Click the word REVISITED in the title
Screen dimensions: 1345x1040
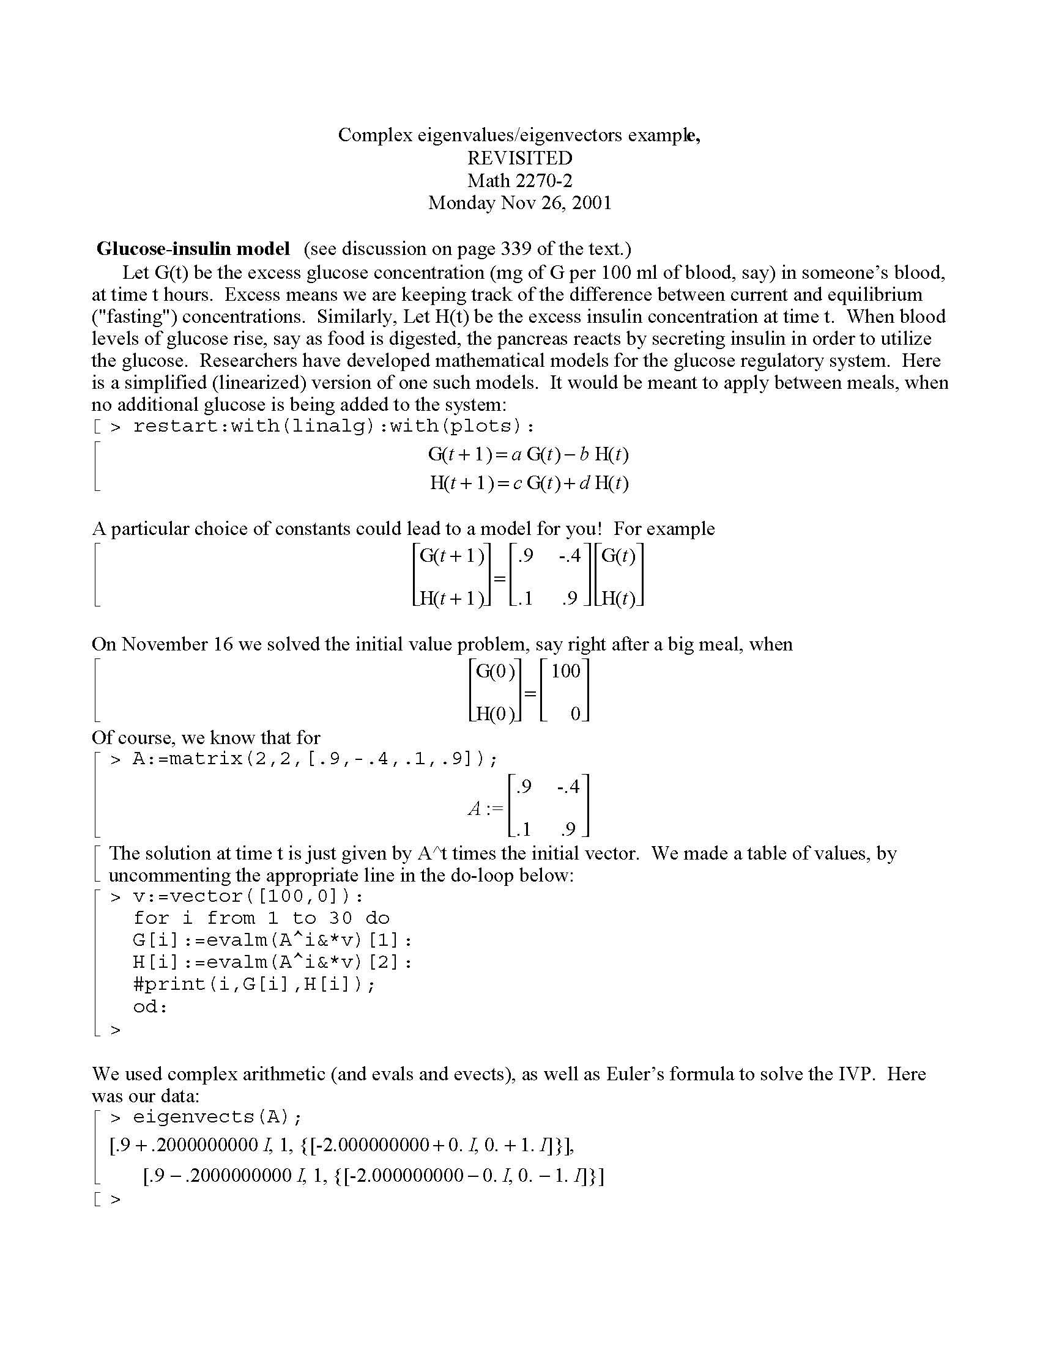[x=519, y=158]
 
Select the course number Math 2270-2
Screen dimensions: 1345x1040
[x=519, y=180]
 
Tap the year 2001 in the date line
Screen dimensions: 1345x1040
[x=592, y=202]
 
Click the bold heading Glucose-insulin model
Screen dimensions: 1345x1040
[x=193, y=249]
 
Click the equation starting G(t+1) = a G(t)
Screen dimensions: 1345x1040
[x=528, y=455]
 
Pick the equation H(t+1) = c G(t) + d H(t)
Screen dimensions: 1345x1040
[x=529, y=483]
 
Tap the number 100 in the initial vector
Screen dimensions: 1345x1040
[x=566, y=671]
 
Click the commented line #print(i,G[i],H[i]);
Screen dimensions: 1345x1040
[x=254, y=984]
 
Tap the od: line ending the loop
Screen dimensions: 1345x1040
[x=150, y=1007]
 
